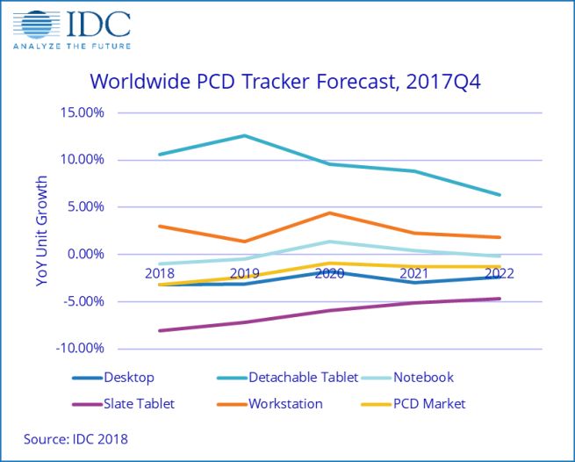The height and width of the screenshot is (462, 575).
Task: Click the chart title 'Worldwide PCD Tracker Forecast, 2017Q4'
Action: pyautogui.click(x=286, y=82)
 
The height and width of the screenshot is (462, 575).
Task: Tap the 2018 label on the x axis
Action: pyautogui.click(x=159, y=273)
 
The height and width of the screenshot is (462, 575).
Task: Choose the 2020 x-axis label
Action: pyautogui.click(x=329, y=273)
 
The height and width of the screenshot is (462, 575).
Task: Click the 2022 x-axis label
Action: pyautogui.click(x=500, y=273)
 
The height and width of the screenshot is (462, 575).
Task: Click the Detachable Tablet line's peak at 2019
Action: pyautogui.click(x=244, y=136)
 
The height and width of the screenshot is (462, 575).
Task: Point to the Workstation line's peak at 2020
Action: pyautogui.click(x=329, y=213)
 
